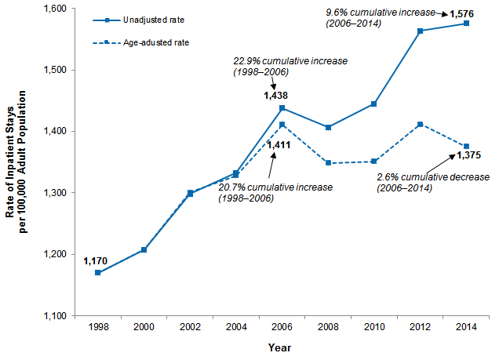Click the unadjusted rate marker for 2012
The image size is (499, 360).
[421, 31]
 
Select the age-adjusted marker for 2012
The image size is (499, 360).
[421, 124]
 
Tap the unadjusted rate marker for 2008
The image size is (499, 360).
[329, 127]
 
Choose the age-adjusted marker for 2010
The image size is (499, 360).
[374, 162]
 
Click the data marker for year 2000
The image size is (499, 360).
[144, 249]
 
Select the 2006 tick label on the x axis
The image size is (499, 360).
[282, 327]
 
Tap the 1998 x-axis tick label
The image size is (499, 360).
[98, 327]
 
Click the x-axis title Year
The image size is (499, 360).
[281, 347]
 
